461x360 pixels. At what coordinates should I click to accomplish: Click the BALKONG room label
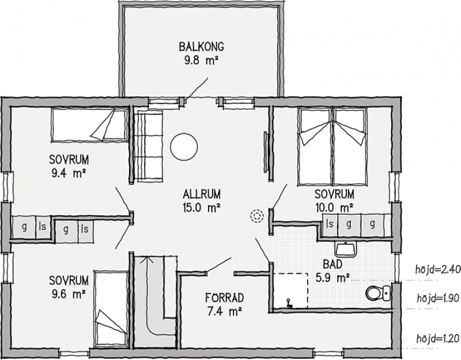coord(201,47)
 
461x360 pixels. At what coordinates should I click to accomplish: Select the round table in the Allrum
coord(184,146)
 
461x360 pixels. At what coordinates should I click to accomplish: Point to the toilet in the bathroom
coord(379,293)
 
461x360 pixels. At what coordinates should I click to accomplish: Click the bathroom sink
coord(346,249)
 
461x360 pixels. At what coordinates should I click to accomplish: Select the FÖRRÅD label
coord(225,298)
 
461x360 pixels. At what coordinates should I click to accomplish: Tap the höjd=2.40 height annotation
coord(438,270)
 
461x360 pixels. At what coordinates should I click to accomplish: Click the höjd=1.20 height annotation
coord(438,339)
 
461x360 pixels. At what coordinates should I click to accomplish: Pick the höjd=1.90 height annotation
coord(438,298)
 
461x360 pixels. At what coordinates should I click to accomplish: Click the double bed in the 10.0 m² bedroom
coord(332,146)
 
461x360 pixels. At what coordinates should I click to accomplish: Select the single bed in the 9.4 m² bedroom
coord(90,125)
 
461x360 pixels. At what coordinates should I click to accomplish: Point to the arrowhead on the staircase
coord(146,259)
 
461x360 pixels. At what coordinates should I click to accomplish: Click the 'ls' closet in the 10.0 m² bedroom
coord(330,224)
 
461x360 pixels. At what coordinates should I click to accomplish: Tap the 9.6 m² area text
coord(69,294)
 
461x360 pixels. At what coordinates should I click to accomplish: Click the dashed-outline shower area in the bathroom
coord(291,291)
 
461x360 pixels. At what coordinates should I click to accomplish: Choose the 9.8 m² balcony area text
coord(201,60)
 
